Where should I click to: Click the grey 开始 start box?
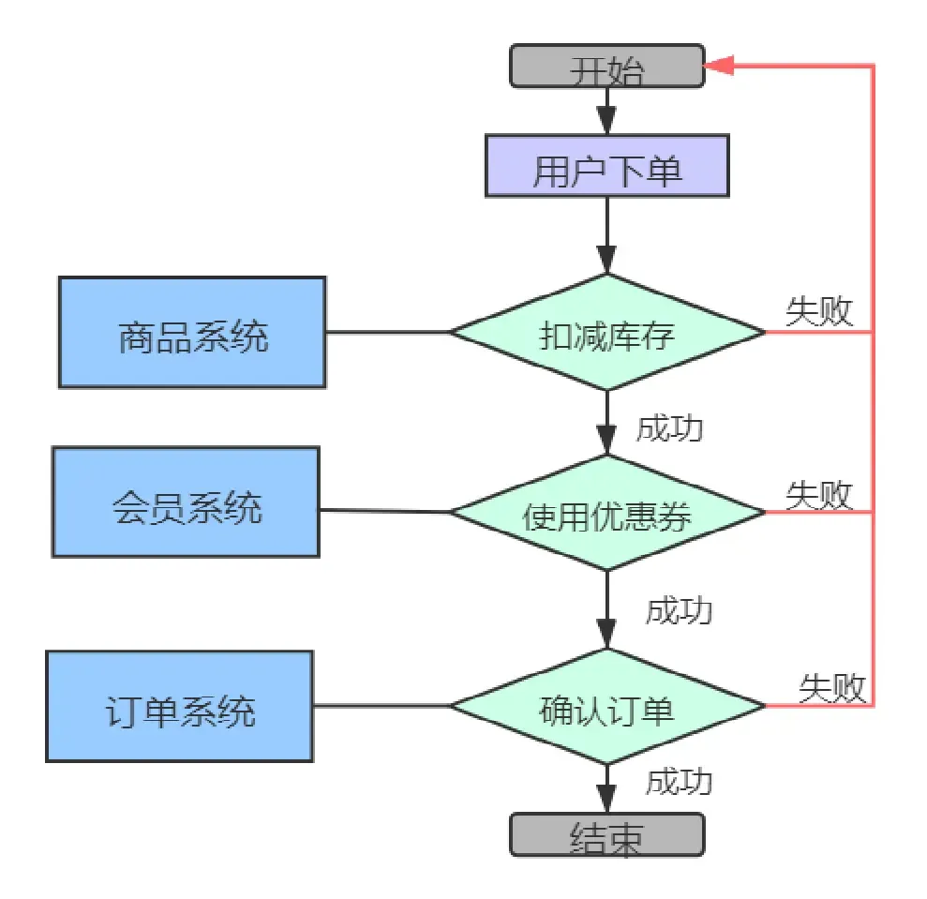[606, 67]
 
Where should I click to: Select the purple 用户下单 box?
[606, 166]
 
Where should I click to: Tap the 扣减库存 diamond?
[607, 332]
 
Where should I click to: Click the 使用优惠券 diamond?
[607, 513]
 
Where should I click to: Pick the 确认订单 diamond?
[607, 706]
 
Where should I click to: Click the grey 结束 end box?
[606, 833]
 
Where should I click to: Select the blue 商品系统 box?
[192, 333]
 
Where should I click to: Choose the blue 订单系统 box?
[179, 706]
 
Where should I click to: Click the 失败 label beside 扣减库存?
[819, 311]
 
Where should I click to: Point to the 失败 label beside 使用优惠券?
[819, 493]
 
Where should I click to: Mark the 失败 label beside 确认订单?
[830, 686]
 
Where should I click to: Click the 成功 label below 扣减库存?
[669, 428]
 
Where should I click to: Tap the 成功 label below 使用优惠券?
[679, 610]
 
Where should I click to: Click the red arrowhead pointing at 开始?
[719, 66]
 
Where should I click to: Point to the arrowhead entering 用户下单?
[606, 122]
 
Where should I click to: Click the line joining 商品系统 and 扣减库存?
[388, 332]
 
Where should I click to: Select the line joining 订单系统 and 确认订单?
[381, 706]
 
